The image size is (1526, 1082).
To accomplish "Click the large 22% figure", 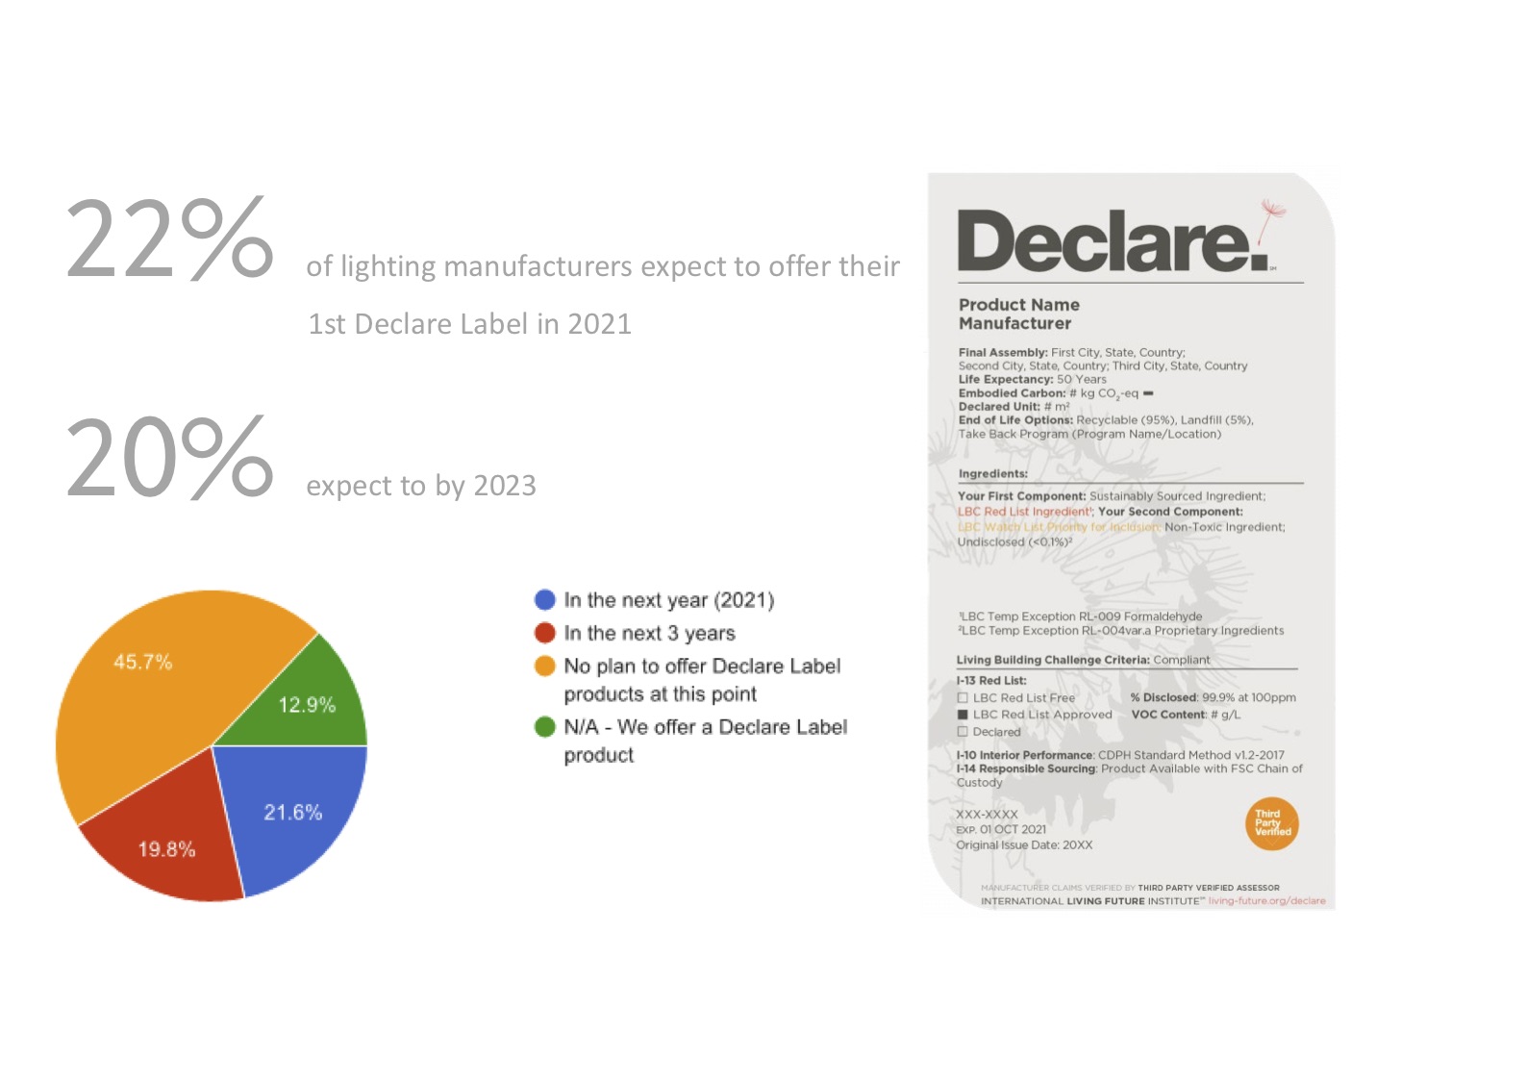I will tap(169, 239).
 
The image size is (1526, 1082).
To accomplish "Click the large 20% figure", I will tap(169, 458).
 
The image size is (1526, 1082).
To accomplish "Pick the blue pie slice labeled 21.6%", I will tap(293, 813).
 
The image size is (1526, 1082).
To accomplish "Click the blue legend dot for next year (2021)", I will tap(545, 600).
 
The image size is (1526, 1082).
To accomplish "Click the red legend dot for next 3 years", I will tap(545, 633).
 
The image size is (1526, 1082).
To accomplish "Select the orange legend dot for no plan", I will tap(545, 666).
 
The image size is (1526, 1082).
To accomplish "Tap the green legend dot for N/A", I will tap(545, 727).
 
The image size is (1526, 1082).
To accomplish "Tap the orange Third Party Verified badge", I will tap(1271, 823).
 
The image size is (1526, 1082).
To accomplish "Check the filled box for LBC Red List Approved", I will tap(963, 715).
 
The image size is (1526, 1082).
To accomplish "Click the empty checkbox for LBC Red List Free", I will tap(963, 697).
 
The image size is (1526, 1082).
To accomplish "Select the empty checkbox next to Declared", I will tap(963, 732).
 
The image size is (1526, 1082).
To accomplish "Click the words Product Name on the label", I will tap(1018, 305).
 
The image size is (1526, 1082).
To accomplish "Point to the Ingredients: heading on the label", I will tap(992, 473).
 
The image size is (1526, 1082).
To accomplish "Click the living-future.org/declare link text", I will tap(1266, 901).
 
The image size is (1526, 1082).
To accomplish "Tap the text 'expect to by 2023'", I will tap(421, 486).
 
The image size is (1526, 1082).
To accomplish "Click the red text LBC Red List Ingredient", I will tap(1024, 512).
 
